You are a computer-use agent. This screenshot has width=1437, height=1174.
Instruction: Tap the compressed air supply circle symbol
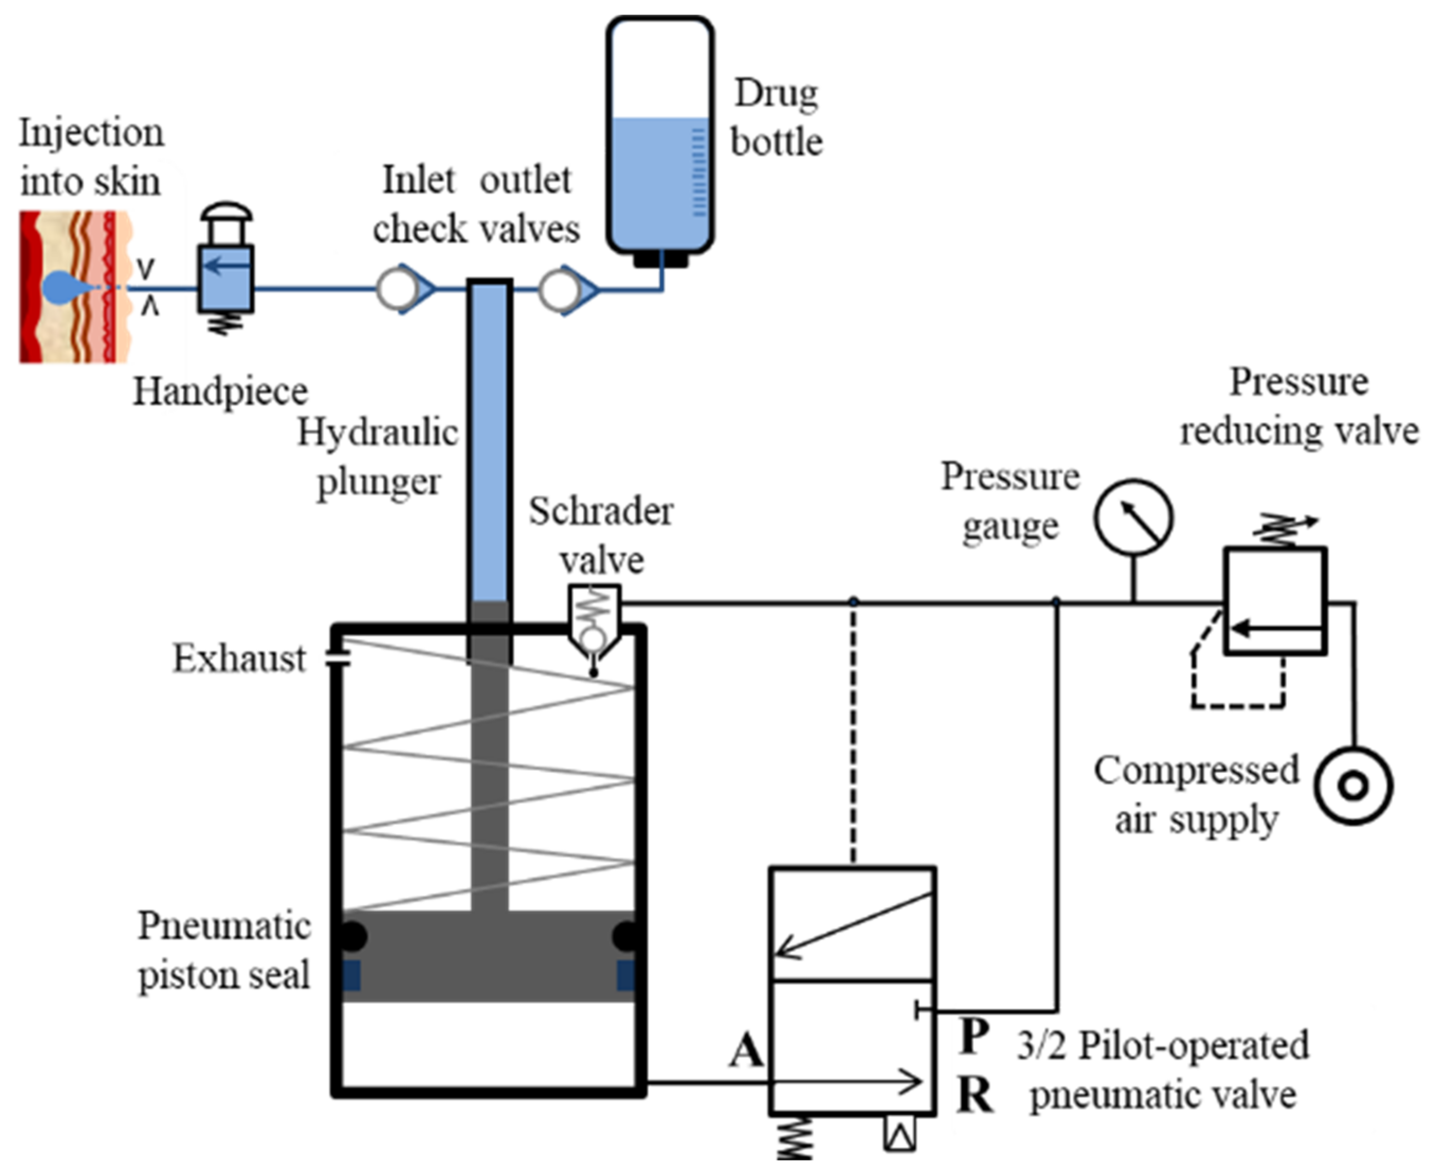pos(1353,786)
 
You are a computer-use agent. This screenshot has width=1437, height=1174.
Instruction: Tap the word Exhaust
pos(240,659)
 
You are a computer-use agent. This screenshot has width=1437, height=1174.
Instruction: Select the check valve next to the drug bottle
pos(567,289)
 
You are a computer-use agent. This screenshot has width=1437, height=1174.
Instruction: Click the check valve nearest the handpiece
pos(405,289)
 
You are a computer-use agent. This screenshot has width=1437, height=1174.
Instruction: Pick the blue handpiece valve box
pos(226,279)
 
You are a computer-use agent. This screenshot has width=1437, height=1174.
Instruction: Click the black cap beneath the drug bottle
pos(660,259)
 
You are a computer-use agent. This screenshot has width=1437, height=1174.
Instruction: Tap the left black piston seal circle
pos(352,937)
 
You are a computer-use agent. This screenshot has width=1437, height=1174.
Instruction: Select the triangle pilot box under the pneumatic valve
pos(900,1135)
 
